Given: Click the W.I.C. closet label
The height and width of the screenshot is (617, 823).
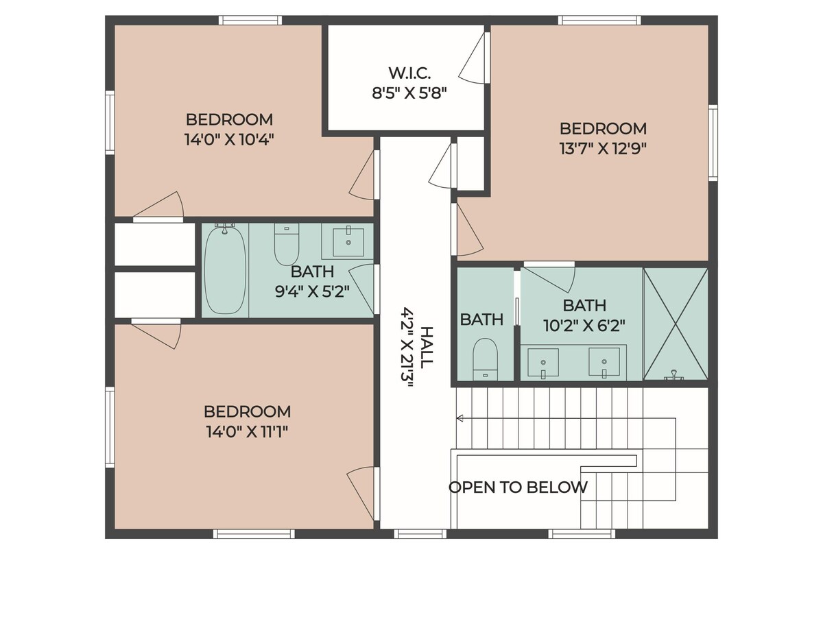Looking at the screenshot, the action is tap(409, 73).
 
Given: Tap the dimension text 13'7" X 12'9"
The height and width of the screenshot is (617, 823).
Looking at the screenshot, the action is tap(603, 149).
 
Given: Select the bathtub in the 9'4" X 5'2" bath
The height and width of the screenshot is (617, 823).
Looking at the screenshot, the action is tap(225, 269).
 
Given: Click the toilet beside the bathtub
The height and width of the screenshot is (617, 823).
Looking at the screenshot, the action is tap(287, 244).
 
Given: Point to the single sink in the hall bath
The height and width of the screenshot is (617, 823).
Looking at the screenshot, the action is tap(348, 242).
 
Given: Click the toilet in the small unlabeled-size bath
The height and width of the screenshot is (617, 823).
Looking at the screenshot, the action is tap(485, 359).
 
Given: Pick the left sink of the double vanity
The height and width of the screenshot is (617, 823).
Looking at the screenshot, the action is tap(543, 363).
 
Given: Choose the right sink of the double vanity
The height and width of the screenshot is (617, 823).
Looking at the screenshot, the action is tap(604, 362).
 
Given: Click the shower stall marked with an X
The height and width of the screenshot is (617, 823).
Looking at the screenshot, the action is tap(676, 324).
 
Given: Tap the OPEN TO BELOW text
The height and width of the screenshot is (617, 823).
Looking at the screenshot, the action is tap(518, 487).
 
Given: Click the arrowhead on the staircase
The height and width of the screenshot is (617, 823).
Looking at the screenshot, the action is tap(460, 418).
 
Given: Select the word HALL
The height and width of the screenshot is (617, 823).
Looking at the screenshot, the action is tap(427, 348).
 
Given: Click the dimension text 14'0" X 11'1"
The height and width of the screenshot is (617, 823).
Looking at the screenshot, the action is tap(247, 433).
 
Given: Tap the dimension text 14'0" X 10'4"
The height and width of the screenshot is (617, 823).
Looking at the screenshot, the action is tap(229, 140).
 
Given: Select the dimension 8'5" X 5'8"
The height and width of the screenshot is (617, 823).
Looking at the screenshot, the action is tap(409, 93).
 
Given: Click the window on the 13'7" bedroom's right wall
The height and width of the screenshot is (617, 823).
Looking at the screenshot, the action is tap(713, 143).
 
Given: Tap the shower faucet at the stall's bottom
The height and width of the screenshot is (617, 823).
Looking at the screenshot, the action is tap(673, 375).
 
